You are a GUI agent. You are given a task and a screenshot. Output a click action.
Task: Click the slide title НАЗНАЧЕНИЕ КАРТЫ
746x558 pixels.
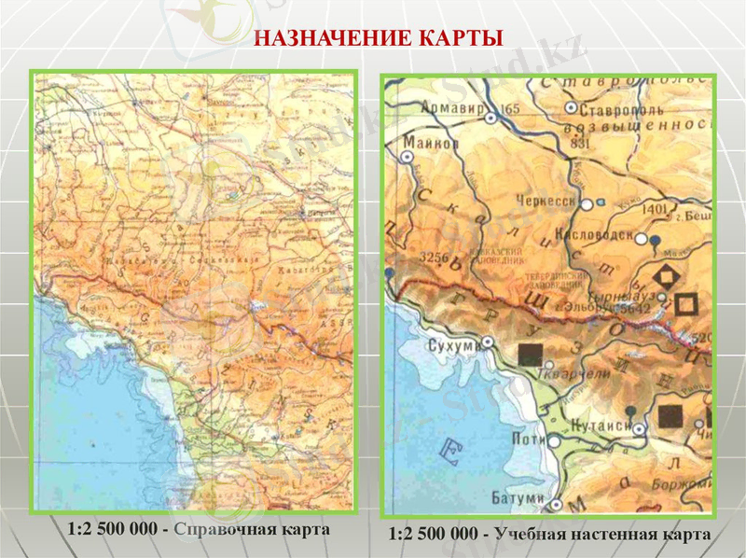(x=379, y=38)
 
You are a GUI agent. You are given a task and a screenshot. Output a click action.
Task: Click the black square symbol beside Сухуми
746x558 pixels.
(x=530, y=355)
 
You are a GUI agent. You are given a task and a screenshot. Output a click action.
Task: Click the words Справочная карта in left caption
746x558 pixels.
(x=252, y=529)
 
